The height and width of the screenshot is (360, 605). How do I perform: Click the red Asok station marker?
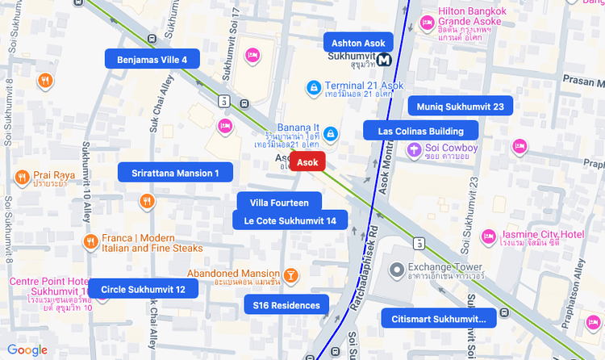307,162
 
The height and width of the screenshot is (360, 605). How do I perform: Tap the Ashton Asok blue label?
357,43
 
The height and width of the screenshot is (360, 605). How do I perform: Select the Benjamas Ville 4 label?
152,59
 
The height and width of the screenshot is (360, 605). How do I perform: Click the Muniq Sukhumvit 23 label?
460,107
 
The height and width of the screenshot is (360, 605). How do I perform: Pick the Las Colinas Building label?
420,131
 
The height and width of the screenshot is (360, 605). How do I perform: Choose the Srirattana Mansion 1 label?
175,173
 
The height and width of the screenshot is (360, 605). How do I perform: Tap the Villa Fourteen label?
280,203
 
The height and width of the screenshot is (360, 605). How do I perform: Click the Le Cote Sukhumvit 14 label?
290,220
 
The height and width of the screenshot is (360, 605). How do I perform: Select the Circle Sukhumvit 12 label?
143,289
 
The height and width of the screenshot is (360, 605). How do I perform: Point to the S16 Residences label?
286,305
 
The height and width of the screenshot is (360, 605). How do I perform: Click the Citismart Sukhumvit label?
439,319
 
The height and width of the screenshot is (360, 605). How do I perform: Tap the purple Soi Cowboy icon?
413,149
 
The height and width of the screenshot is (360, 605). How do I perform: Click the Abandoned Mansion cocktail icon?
291,275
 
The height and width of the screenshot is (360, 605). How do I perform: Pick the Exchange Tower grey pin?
396,269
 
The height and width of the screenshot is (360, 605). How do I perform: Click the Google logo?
27,350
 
